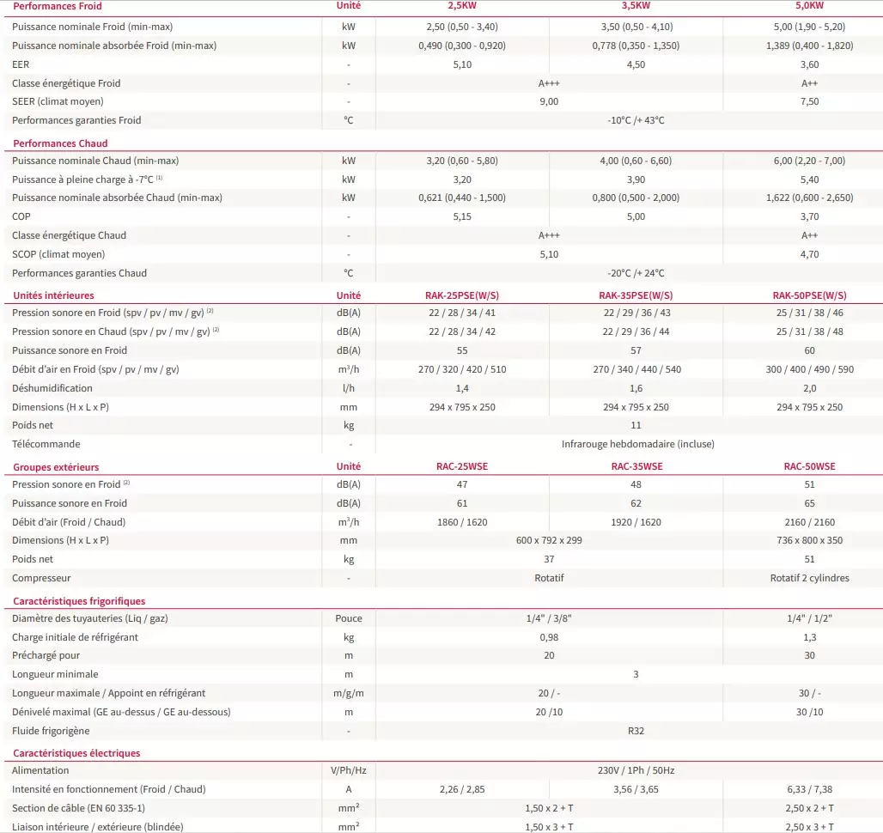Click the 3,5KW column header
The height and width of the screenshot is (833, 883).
tap(636, 6)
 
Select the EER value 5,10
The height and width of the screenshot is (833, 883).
tap(462, 64)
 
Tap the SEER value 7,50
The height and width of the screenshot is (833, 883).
tap(809, 101)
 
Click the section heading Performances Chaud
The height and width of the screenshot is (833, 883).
tap(60, 143)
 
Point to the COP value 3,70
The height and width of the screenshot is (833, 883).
tap(809, 216)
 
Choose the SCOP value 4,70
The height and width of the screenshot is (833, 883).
tap(809, 254)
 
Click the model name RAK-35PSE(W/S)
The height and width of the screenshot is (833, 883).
tap(636, 295)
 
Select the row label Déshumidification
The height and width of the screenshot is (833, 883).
tap(52, 388)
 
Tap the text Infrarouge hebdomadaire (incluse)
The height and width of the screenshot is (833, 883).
tap(637, 444)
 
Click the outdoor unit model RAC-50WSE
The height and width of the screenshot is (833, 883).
tap(809, 467)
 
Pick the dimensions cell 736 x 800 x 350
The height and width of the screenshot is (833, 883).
tap(809, 540)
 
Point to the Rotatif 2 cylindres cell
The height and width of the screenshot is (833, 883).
tap(809, 578)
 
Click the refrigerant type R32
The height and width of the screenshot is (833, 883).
tap(636, 731)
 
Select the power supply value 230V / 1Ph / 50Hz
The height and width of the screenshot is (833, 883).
tap(636, 770)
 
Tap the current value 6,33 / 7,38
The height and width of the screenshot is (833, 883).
tap(809, 789)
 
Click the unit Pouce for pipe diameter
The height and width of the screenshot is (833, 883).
tap(349, 618)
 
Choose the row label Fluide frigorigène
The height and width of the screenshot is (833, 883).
tap(51, 731)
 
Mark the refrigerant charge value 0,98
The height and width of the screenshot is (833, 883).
tap(548, 637)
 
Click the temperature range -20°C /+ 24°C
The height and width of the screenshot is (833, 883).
tap(636, 273)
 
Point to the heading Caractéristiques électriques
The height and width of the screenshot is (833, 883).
tap(76, 753)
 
